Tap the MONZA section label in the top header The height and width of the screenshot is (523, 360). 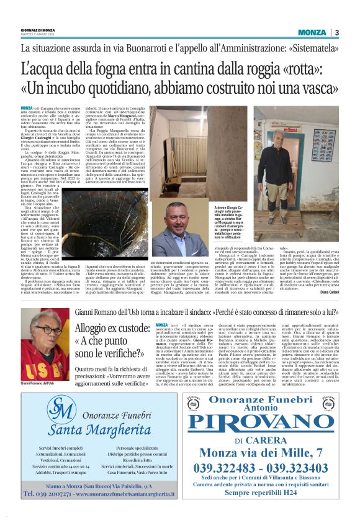[x=312, y=32]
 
